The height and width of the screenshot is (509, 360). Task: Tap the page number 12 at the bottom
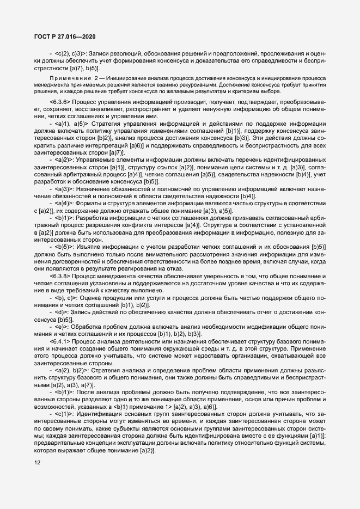click(x=36, y=463)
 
